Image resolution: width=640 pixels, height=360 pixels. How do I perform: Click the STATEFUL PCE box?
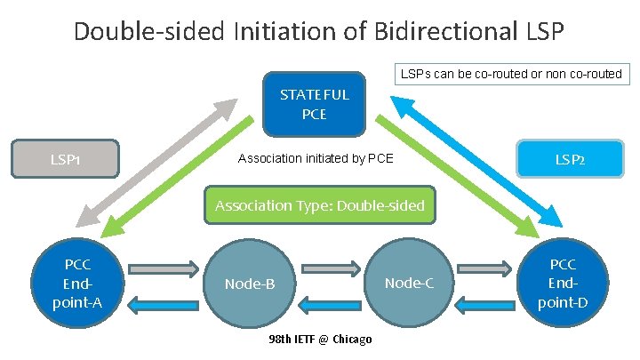tap(314, 103)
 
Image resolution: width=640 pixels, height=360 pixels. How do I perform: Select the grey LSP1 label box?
tap(64, 159)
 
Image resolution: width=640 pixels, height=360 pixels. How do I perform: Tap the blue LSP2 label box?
tap(569, 160)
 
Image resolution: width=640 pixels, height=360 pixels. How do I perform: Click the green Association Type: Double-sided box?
tap(320, 205)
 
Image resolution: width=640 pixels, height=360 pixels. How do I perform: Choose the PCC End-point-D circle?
tap(563, 284)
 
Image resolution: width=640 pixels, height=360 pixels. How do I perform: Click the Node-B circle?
tap(249, 284)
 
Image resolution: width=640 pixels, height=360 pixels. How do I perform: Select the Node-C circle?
tap(408, 284)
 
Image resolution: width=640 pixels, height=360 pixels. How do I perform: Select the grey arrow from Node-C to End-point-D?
tap(485, 267)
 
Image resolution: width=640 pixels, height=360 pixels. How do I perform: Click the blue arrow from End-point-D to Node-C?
tap(485, 304)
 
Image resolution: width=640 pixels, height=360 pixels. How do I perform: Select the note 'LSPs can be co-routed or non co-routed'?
tap(510, 74)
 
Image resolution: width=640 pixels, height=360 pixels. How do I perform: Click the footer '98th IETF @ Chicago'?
tap(320, 340)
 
